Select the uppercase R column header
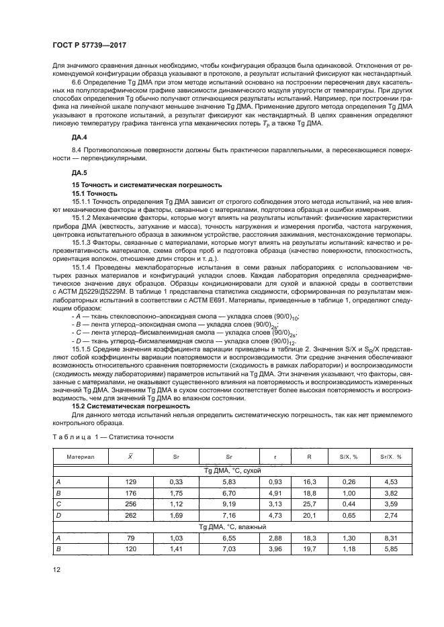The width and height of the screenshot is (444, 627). point(308,456)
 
